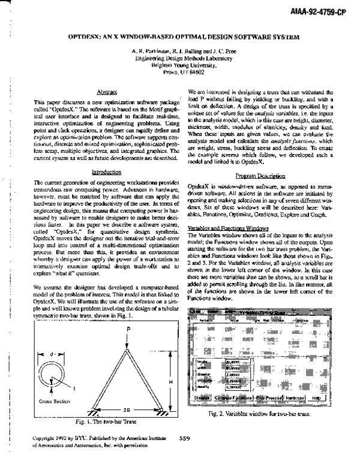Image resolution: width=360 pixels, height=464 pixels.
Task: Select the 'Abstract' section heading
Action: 106,91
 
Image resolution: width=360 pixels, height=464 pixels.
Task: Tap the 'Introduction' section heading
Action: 106,172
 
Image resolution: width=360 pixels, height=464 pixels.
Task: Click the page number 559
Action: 184,455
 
